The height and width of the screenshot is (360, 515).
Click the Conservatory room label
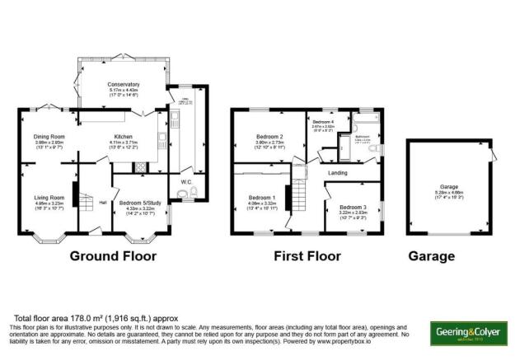click(x=123, y=85)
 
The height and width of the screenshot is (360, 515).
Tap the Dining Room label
click(x=49, y=137)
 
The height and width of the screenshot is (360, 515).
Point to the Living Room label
click(x=49, y=198)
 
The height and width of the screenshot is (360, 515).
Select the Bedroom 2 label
click(x=269, y=137)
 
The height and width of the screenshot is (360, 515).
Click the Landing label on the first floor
click(x=337, y=173)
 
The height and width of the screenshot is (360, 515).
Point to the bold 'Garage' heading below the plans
click(x=431, y=256)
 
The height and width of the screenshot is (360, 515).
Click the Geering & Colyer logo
click(x=466, y=333)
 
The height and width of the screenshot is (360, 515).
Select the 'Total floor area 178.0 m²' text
click(x=83, y=317)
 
